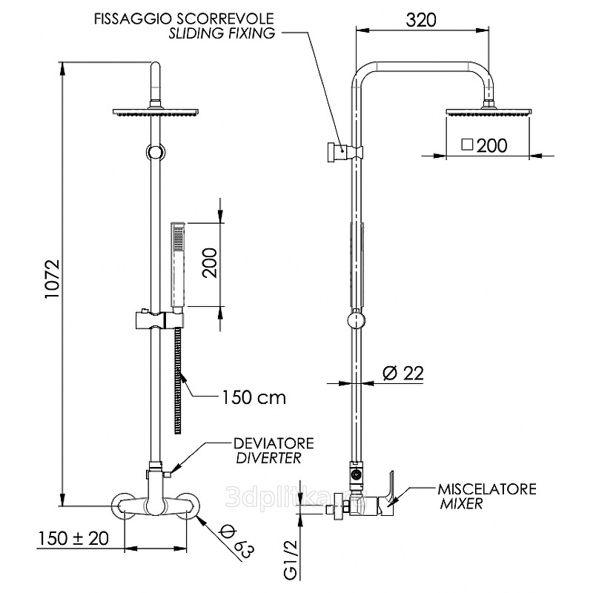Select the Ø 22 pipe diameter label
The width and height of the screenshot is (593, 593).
pyautogui.click(x=404, y=373)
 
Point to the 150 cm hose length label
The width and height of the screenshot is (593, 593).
pyautogui.click(x=253, y=397)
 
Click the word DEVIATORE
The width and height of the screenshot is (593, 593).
pyautogui.click(x=274, y=443)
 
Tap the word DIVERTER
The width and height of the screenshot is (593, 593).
pyautogui.click(x=268, y=457)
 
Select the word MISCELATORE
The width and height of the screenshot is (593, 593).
pyautogui.click(x=486, y=490)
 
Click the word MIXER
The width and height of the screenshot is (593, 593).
pyautogui.click(x=460, y=504)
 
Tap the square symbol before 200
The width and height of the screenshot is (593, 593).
pyautogui.click(x=467, y=145)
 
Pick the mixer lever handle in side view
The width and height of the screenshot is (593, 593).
pyautogui.click(x=388, y=486)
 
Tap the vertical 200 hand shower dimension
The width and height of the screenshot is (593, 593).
pyautogui.click(x=211, y=263)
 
